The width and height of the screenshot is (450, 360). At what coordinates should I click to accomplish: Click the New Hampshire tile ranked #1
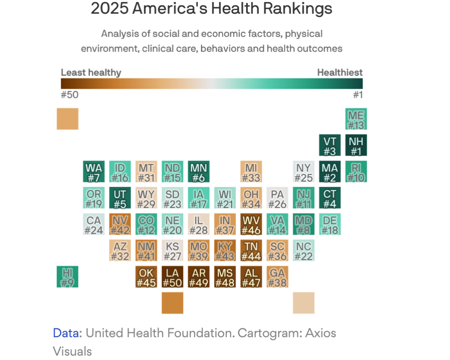(356, 145)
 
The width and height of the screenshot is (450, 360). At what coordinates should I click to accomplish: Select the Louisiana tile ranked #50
(173, 277)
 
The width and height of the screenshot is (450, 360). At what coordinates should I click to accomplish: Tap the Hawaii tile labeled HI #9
(67, 277)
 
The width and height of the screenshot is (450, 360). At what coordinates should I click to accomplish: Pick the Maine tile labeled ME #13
(356, 119)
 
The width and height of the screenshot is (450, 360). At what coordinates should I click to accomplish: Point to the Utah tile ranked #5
(120, 198)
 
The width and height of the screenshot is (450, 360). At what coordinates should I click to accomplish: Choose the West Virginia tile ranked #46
(251, 224)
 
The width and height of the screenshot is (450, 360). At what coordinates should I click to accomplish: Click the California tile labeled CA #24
(94, 224)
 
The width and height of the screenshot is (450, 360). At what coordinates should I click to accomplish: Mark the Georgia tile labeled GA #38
(277, 277)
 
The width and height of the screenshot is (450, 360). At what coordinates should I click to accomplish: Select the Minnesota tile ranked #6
(199, 172)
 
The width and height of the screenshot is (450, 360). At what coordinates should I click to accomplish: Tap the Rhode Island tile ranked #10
(356, 172)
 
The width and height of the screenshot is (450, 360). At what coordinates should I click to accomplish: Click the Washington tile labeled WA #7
(94, 172)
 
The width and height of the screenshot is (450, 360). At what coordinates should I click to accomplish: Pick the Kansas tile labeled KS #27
(173, 251)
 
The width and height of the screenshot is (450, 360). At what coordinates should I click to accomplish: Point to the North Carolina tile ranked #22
(304, 251)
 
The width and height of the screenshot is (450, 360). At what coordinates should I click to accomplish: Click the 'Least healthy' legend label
(91, 72)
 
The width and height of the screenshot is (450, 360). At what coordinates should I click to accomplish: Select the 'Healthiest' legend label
(340, 72)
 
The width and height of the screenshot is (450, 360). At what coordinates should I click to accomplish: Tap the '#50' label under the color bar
(69, 94)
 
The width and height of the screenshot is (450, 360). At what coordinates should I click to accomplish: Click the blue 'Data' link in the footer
(67, 333)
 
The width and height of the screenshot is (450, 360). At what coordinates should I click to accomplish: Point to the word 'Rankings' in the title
(301, 9)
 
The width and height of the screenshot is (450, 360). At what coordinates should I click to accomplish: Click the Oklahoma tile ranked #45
(146, 277)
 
